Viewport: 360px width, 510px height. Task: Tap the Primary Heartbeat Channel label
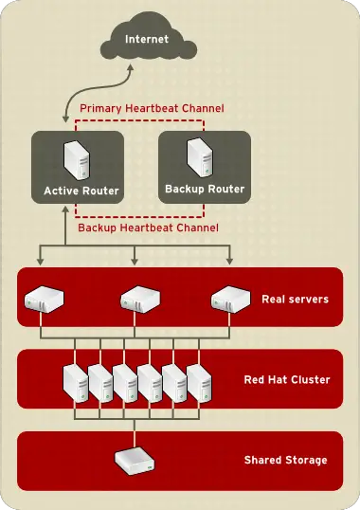point(152,109)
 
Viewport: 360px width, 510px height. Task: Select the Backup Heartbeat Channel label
point(148,228)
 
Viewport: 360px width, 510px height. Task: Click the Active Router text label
point(81,191)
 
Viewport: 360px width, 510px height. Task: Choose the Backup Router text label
point(204,189)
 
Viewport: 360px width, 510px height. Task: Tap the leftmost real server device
point(41,301)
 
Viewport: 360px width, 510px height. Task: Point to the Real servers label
point(295,300)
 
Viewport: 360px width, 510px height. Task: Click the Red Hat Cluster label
point(286,380)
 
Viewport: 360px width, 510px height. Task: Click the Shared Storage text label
point(285,460)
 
